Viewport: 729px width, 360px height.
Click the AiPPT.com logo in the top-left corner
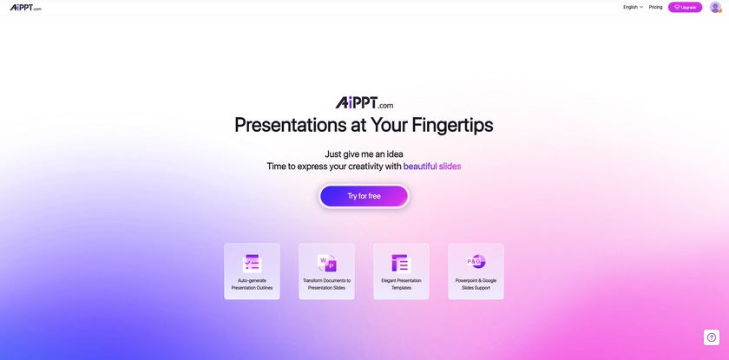pos(25,8)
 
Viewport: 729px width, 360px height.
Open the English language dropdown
pos(633,7)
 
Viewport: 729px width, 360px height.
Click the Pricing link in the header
pos(655,7)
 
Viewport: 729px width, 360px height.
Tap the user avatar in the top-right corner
pos(715,7)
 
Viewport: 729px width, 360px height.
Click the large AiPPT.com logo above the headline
pos(364,102)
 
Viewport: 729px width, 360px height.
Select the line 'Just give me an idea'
pos(364,154)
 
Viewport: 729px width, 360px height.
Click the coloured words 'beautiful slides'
pos(432,167)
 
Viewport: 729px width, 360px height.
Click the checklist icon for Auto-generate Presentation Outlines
pos(252,264)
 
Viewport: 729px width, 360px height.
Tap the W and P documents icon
pos(326,264)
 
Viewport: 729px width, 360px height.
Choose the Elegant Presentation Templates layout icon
pos(401,264)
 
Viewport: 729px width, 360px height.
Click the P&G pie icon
pos(476,263)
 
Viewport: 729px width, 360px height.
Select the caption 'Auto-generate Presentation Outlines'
pos(252,285)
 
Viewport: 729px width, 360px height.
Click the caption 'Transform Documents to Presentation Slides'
pos(326,285)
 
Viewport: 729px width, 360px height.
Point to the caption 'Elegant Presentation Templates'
pos(401,285)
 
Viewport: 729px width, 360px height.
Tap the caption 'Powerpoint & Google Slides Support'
pos(476,285)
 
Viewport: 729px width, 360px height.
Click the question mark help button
pos(712,337)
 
